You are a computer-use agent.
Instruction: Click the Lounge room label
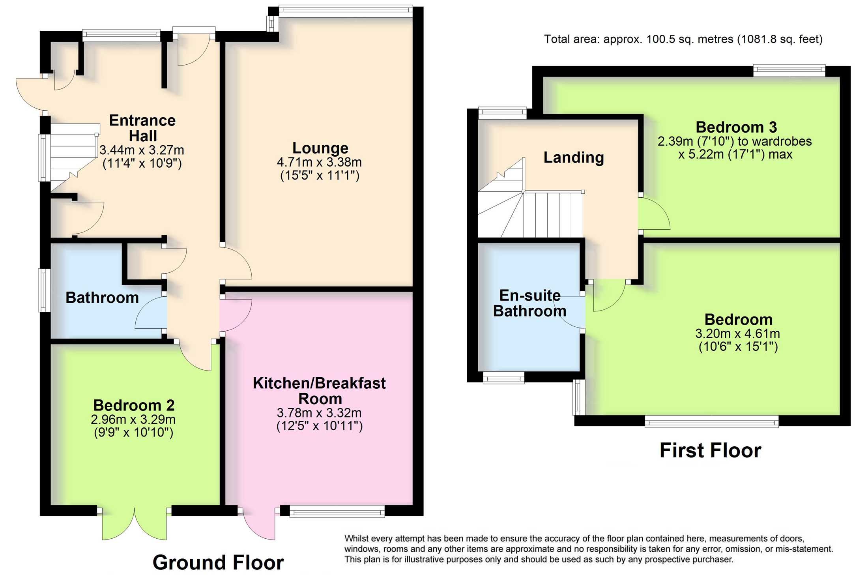[320, 148]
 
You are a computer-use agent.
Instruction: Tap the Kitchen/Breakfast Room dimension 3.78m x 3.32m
[319, 413]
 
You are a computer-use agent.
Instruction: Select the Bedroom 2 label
[134, 405]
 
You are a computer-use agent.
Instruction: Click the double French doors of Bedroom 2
[134, 525]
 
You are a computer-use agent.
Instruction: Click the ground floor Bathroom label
[102, 298]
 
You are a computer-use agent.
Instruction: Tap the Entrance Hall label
[142, 128]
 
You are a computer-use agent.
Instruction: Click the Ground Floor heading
[218, 562]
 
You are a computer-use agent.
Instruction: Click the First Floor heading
[710, 450]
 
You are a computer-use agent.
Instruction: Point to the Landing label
[574, 157]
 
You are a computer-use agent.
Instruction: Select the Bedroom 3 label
[736, 127]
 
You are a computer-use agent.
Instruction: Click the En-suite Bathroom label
[529, 303]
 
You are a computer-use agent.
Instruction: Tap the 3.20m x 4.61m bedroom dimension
[737, 334]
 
